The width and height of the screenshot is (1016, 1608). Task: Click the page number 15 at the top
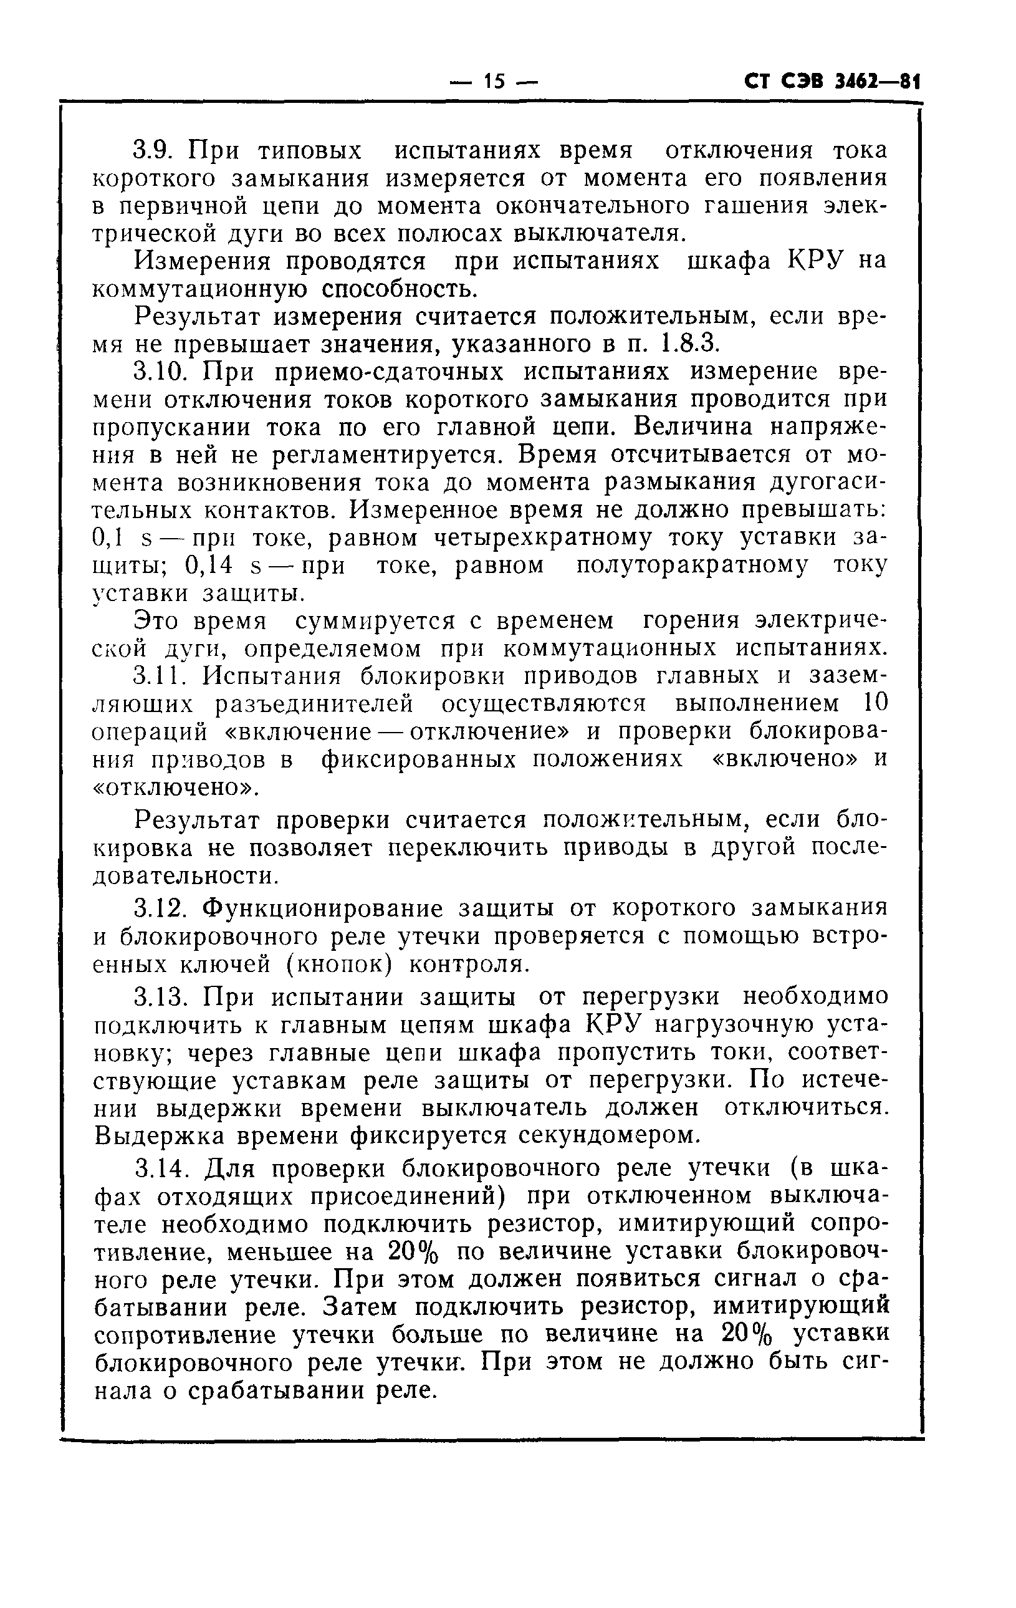point(494,82)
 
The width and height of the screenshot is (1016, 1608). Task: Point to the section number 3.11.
point(161,676)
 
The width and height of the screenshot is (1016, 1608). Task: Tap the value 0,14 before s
point(208,566)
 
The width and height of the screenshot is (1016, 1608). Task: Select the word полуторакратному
point(692,566)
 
